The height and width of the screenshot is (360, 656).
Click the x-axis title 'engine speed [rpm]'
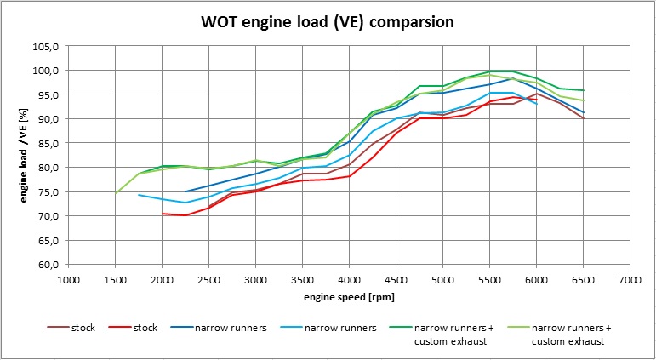coord(349,300)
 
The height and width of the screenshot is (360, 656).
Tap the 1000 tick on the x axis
coord(69,278)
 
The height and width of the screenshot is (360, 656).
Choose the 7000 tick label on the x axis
coord(630,278)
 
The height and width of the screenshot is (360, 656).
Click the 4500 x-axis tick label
coord(396,278)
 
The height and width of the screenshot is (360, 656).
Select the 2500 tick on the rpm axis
coord(208,278)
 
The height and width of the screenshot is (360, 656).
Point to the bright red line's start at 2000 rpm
coord(163,214)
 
